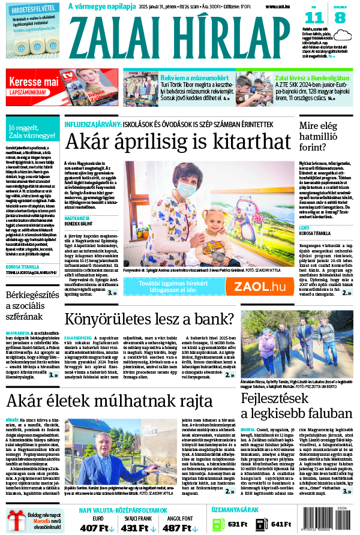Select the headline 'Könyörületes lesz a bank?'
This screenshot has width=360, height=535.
(x=149, y=319)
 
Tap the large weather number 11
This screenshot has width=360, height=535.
(x=317, y=17)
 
